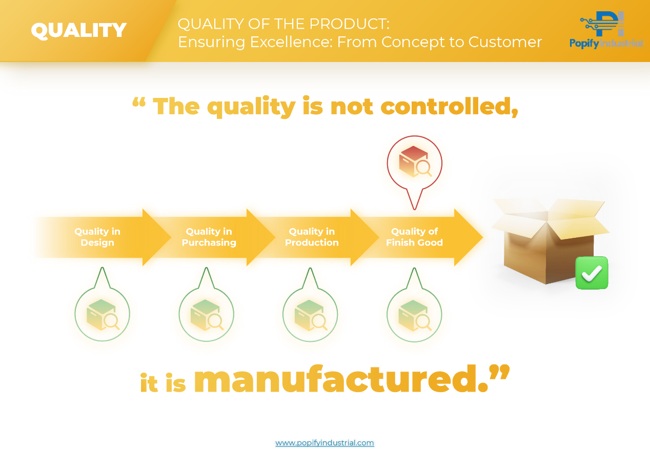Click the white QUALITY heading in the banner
click(78, 30)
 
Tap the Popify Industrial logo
click(606, 30)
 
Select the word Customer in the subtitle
click(505, 42)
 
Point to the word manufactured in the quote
click(337, 379)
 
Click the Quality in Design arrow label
click(97, 237)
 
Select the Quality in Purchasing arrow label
click(209, 237)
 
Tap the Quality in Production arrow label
click(312, 237)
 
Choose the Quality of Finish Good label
click(414, 237)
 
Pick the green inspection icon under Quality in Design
click(103, 315)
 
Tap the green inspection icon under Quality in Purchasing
click(206, 315)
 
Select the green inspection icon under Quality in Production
click(310, 315)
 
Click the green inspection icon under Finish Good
click(414, 315)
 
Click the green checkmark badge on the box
click(592, 273)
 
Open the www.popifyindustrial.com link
click(324, 443)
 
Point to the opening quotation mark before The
click(139, 103)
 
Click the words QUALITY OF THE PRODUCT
click(283, 24)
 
